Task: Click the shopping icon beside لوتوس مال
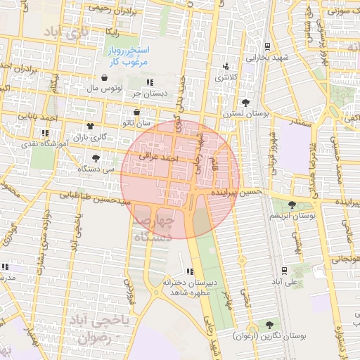coord(105,78)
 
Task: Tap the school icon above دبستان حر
coord(149,82)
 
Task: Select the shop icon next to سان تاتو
coord(136,112)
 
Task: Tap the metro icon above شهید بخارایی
coord(268,47)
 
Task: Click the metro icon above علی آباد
coord(283,270)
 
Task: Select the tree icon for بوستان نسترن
coord(245,103)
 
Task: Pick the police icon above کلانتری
coord(226,67)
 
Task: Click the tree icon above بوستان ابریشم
coord(292,204)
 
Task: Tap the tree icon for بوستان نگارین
coord(269,324)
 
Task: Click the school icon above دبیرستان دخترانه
coord(190,271)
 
